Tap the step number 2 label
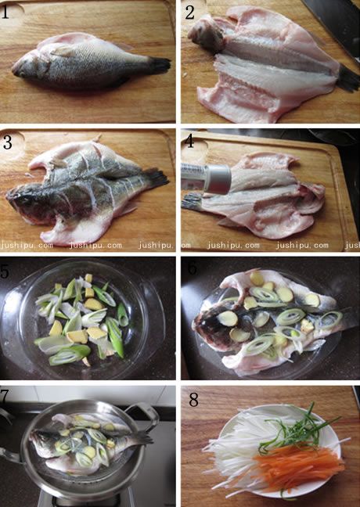tap(190, 13)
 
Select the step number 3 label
tap(8, 142)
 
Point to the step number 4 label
tap(190, 142)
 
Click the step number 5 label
tap(5, 271)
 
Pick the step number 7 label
tap(4, 397)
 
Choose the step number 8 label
tap(193, 400)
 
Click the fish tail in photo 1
tap(160, 66)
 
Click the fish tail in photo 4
tap(192, 202)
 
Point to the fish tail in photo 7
tap(143, 437)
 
